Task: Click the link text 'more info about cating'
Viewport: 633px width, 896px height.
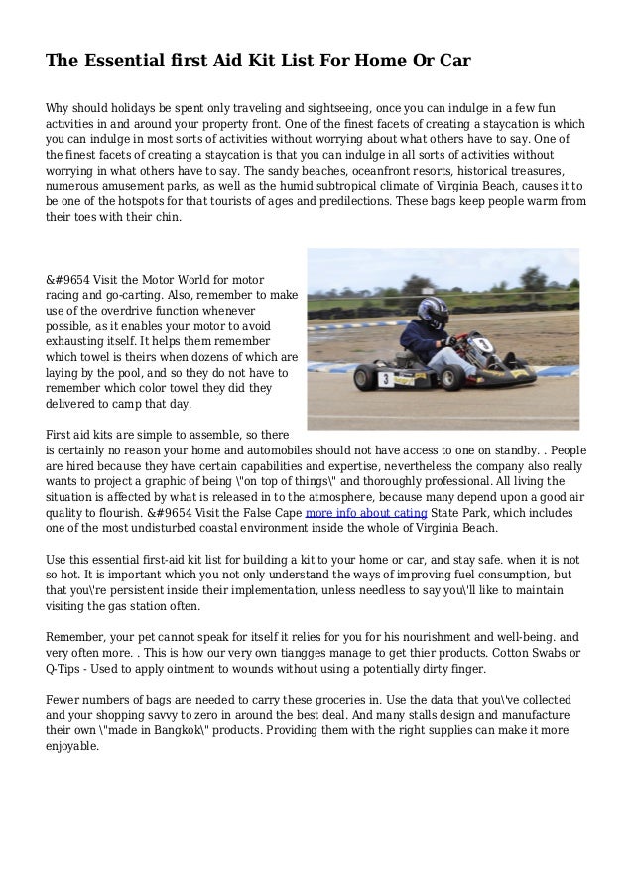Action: coord(366,513)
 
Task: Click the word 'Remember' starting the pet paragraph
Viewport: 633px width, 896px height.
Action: coord(80,637)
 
